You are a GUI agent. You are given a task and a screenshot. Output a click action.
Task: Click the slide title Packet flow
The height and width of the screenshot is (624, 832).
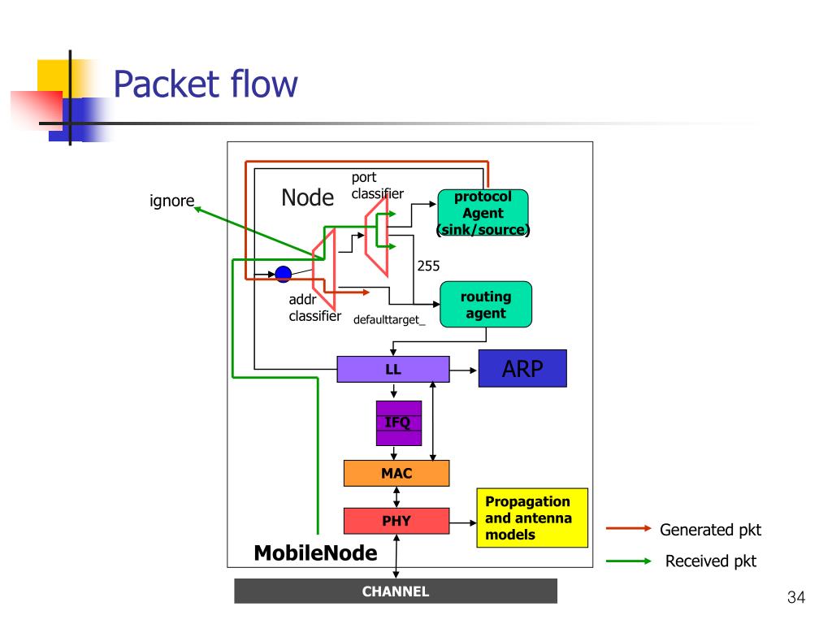[x=206, y=84]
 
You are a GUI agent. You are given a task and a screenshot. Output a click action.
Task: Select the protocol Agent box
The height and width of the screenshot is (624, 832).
[x=483, y=212]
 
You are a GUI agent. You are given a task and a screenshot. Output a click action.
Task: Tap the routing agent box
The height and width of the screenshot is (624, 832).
[x=486, y=304]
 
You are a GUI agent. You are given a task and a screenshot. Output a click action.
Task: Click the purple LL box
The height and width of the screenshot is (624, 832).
[x=393, y=370]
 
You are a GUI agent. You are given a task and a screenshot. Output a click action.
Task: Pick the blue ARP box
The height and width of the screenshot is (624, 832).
[x=522, y=368]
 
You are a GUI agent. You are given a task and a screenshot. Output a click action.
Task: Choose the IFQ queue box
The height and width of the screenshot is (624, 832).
[x=398, y=422]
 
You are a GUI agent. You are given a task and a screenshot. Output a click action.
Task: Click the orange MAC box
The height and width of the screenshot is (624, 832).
[x=396, y=474]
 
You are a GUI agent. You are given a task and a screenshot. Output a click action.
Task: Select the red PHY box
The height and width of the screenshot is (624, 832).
[x=396, y=521]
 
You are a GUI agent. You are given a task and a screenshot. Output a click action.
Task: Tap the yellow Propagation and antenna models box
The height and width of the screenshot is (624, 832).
[x=532, y=518]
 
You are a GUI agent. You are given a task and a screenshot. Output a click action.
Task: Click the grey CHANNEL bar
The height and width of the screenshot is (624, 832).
[x=396, y=591]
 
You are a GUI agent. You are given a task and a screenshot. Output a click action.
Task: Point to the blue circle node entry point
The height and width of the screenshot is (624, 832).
[x=284, y=274]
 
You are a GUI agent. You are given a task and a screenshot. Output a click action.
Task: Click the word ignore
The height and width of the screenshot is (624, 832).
[x=172, y=201]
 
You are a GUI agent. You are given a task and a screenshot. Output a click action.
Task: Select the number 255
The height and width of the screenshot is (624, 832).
[x=428, y=266]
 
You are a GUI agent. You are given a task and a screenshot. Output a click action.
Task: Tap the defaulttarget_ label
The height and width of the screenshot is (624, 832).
[x=389, y=319]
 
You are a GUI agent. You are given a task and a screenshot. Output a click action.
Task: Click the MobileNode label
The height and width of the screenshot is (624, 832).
[x=316, y=552]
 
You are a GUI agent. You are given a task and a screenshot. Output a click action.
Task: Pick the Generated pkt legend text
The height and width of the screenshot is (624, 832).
[x=710, y=530]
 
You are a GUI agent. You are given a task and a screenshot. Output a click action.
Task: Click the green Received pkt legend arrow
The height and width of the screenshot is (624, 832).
[x=628, y=561]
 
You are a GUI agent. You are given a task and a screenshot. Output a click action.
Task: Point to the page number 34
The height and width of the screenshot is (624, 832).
[x=796, y=597]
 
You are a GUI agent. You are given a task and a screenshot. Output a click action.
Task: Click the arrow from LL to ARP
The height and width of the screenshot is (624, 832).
[x=463, y=370]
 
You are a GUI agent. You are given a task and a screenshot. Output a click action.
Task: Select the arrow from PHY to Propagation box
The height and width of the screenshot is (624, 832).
[x=462, y=522]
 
